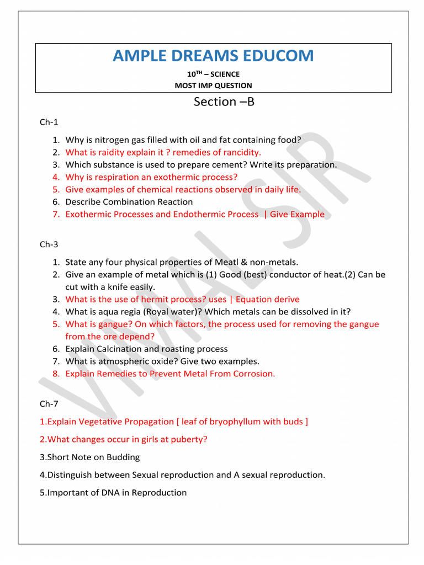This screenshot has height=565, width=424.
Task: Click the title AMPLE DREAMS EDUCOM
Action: [x=213, y=56]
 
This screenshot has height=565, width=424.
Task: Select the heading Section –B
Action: [x=224, y=102]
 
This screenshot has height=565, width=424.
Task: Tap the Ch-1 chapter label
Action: [x=49, y=122]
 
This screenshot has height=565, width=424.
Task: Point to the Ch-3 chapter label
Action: [x=49, y=244]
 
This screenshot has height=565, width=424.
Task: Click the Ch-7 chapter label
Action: [x=49, y=404]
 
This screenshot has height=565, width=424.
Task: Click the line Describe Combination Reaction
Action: [x=129, y=202]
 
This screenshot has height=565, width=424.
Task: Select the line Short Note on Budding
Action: [x=90, y=457]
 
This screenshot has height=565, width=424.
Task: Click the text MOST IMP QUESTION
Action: [x=213, y=86]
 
